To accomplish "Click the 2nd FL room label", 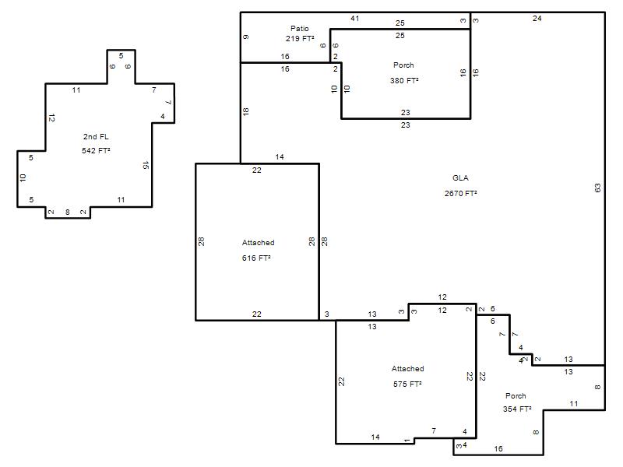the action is [96, 137].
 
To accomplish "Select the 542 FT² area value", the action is [96, 150].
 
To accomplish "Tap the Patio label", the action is [300, 29].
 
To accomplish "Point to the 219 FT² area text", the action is [300, 38].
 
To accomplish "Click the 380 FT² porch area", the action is [404, 80].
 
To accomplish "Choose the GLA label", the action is [460, 178].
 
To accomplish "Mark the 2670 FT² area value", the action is [460, 193].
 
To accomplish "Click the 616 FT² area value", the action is [256, 258].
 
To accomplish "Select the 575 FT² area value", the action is [407, 384].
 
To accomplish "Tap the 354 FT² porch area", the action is [517, 409].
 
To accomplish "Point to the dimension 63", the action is [597, 188].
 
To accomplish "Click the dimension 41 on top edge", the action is [355, 18].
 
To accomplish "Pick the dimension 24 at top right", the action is [537, 18].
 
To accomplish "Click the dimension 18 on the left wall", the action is [245, 111].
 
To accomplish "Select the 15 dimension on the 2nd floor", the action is [146, 165].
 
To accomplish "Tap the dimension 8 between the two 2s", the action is [68, 212].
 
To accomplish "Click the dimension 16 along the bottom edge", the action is [498, 449].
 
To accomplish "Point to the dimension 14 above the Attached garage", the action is [280, 157].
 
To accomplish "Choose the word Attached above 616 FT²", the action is [259, 243].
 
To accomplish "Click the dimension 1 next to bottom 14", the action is [407, 441].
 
